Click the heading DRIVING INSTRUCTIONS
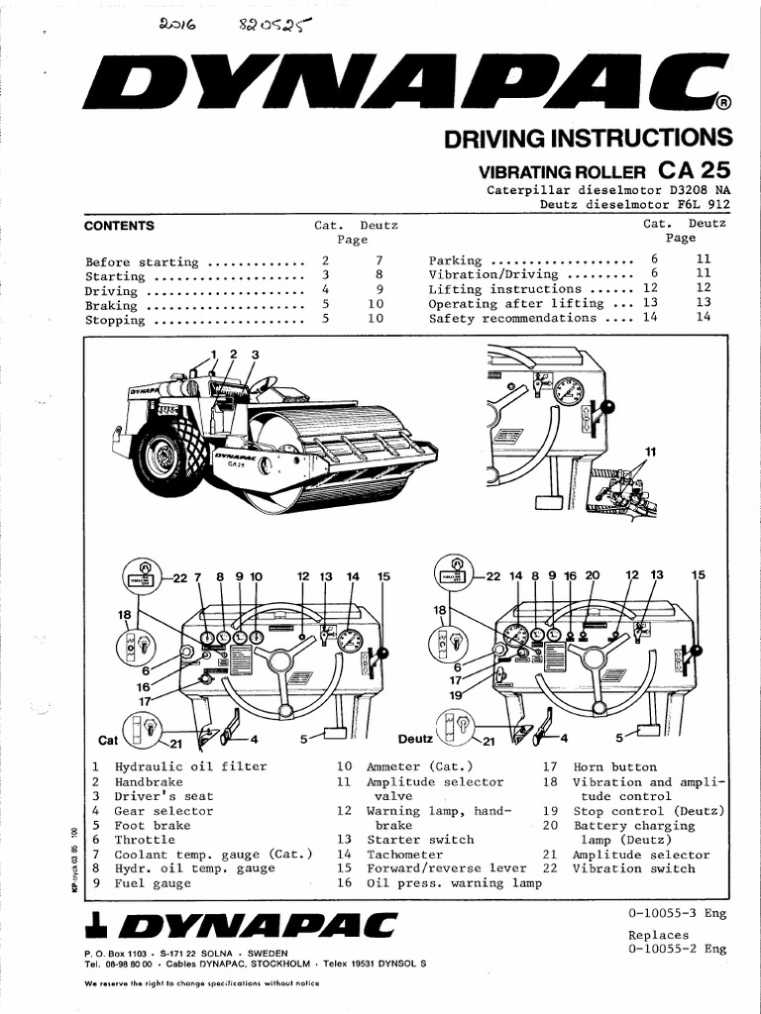pos(588,137)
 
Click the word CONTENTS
pos(119,226)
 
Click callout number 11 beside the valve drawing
pos(650,452)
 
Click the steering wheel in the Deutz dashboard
pos(594,659)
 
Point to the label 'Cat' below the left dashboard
pos(108,740)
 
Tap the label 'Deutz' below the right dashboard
pos(416,739)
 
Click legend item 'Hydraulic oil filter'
pos(176,766)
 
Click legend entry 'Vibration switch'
pos(633,868)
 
